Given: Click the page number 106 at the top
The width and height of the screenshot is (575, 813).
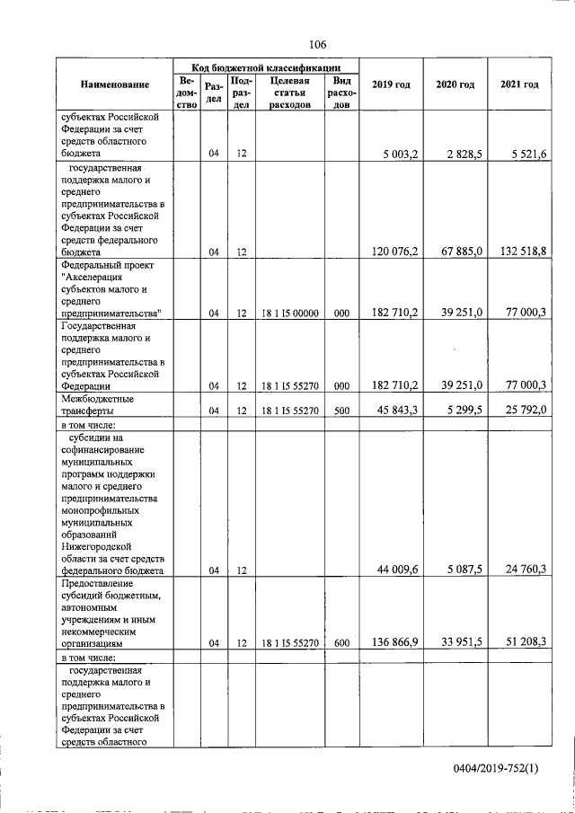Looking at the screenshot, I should (x=316, y=44).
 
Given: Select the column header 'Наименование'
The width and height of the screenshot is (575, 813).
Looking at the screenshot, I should (x=114, y=84).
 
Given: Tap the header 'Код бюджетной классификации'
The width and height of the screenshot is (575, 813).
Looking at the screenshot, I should (x=266, y=67).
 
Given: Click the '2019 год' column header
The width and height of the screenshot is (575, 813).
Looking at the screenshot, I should (x=390, y=84).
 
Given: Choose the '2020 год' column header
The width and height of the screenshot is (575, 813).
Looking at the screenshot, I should (x=455, y=84).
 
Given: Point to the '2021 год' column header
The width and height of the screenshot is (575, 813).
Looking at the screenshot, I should (x=518, y=84).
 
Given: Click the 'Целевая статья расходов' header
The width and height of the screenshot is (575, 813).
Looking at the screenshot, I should (x=289, y=92).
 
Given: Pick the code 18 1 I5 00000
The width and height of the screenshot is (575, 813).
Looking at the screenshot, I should (x=289, y=314).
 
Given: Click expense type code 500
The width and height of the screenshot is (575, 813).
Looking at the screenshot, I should (x=341, y=411).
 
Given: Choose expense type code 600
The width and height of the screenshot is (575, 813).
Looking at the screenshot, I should (x=341, y=643).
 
